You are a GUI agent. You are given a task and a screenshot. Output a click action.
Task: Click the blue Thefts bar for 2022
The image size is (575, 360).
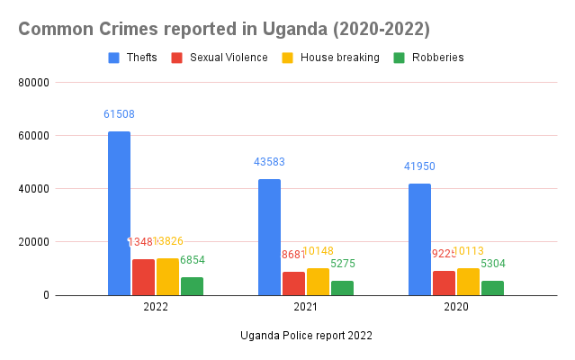[119, 213]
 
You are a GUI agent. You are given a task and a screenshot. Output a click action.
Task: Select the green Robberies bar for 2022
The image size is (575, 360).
[192, 286]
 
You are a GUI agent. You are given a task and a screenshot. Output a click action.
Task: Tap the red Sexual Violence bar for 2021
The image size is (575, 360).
[293, 283]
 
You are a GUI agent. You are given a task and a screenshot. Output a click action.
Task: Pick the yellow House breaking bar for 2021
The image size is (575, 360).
[318, 282]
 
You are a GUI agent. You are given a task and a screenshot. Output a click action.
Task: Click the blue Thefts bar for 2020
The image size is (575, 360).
[419, 239]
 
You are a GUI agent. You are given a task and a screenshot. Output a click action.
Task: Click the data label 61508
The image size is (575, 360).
[119, 114]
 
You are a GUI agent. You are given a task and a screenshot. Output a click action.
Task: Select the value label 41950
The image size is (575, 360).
[419, 166]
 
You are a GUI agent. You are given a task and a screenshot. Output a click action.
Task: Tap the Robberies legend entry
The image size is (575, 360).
[428, 58]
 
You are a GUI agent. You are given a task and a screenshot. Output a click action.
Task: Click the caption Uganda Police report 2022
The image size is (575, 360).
[306, 336]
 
